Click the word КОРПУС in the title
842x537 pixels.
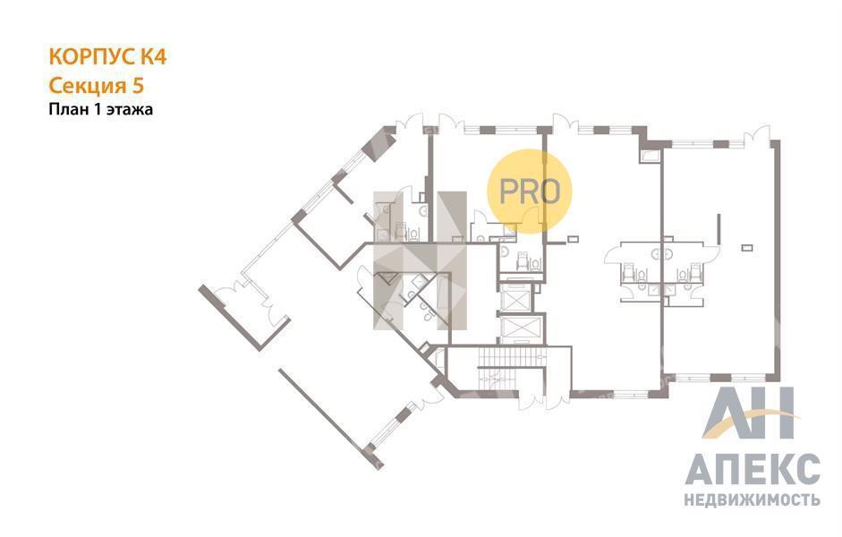coord(92,56)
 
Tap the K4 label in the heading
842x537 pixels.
coord(153,56)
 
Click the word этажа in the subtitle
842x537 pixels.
coord(130,109)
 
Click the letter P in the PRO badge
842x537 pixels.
coord(507,191)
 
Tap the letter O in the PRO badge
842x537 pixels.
coord(549,191)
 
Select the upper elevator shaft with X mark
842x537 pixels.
coord(515,297)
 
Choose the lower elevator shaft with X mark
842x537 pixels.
coord(515,329)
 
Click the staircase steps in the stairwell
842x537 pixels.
coord(511,356)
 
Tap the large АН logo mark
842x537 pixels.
coord(748,413)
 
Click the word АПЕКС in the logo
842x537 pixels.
coord(753,469)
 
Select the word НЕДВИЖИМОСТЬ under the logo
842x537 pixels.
coord(753,499)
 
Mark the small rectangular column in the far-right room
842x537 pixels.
coord(747,248)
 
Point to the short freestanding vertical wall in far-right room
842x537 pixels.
coord(719,229)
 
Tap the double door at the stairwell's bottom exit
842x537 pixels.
coord(543,400)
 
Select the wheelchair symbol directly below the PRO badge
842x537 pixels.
coord(521,262)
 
